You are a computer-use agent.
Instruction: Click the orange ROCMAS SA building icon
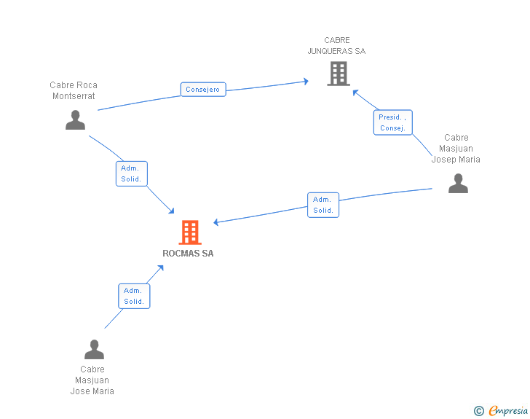click(x=190, y=232)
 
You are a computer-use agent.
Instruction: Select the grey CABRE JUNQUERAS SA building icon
click(x=338, y=74)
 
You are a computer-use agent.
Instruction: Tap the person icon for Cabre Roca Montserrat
click(x=75, y=120)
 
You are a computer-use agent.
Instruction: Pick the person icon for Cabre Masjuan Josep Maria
click(x=458, y=183)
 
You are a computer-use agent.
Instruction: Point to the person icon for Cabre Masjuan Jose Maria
click(x=94, y=350)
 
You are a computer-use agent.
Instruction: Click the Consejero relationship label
click(x=203, y=90)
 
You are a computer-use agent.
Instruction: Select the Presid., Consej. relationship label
click(x=393, y=122)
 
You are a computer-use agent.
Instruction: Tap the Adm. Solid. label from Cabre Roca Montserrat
click(x=132, y=173)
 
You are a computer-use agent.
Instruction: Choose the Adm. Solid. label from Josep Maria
click(x=323, y=205)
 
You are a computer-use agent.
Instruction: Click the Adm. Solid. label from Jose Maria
click(x=134, y=296)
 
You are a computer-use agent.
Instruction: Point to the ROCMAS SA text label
click(x=189, y=254)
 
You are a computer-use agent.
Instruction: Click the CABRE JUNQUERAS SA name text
click(x=337, y=46)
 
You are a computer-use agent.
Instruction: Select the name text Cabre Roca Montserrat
click(x=74, y=90)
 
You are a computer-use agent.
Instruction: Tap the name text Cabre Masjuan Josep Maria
click(x=456, y=148)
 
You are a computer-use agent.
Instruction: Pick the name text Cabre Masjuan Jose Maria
click(x=92, y=380)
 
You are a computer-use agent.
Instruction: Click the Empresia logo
click(x=508, y=411)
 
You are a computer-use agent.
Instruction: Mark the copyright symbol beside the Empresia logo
click(x=479, y=411)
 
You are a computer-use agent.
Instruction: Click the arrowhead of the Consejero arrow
click(x=306, y=81)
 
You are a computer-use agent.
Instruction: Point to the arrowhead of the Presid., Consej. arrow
click(x=355, y=92)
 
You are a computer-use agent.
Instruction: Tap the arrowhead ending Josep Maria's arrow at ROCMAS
click(x=216, y=222)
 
